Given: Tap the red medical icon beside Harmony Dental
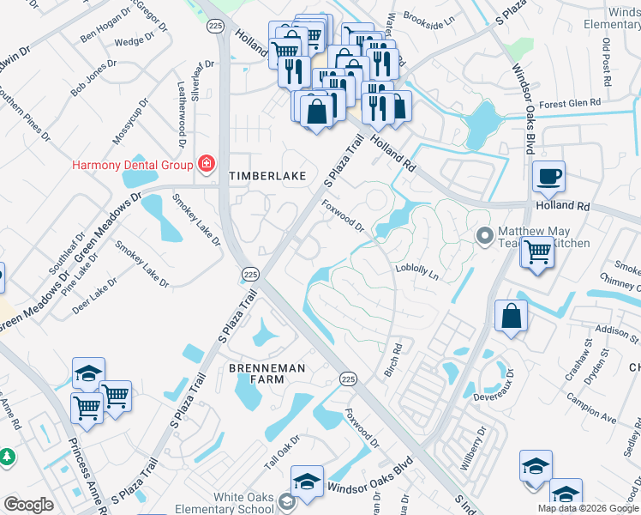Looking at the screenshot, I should pos(206,163).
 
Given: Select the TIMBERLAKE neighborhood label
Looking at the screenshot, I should pos(267,175).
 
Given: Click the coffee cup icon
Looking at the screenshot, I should pos(548,177).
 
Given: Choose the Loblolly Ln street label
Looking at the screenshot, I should pos(416,272).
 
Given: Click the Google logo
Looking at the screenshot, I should pos(28,505).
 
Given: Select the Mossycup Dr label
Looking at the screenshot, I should pos(131,121).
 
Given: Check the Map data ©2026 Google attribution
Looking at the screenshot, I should pos(587,508).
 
